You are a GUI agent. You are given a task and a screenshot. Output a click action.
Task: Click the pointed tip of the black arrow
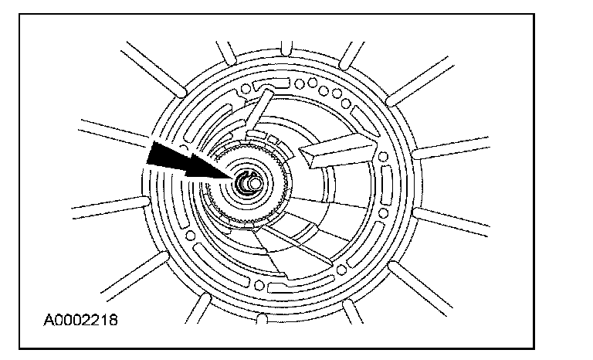click(x=234, y=177)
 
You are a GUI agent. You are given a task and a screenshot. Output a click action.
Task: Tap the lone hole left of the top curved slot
click(x=246, y=90)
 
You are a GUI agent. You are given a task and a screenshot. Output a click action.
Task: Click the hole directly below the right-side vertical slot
click(x=381, y=207)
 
